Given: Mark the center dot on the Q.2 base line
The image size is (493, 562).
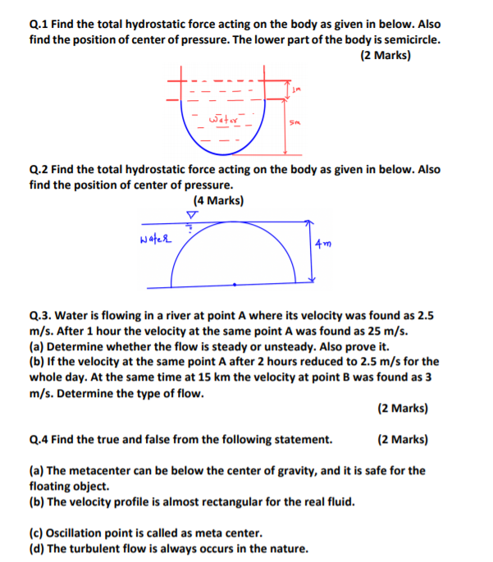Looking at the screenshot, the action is click(x=235, y=285).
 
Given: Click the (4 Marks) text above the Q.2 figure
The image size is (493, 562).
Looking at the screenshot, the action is click(x=218, y=200).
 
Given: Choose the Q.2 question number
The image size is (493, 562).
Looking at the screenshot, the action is click(x=40, y=170).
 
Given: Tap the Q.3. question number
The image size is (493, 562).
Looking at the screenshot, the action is click(x=42, y=315).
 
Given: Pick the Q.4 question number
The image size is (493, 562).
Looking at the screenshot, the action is click(x=40, y=439).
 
